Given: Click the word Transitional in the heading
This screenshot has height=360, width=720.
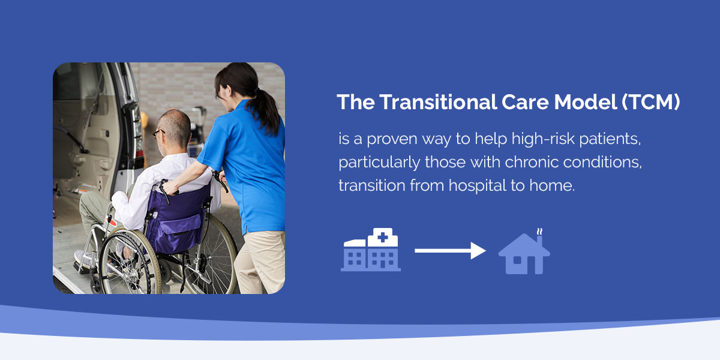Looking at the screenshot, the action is (x=438, y=102).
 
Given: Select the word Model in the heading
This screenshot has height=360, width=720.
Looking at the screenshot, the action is (x=586, y=102).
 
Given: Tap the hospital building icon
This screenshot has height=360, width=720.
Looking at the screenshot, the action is (x=371, y=250).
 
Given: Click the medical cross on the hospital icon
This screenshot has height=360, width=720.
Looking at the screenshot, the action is (x=383, y=237).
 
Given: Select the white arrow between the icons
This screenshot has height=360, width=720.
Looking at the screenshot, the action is (x=450, y=250).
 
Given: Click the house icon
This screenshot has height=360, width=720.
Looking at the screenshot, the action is (x=524, y=254).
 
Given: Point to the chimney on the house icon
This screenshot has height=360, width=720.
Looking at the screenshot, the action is (x=539, y=241).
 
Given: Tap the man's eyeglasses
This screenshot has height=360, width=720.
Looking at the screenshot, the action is (x=158, y=133).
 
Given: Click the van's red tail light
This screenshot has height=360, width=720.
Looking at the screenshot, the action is (x=139, y=153).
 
